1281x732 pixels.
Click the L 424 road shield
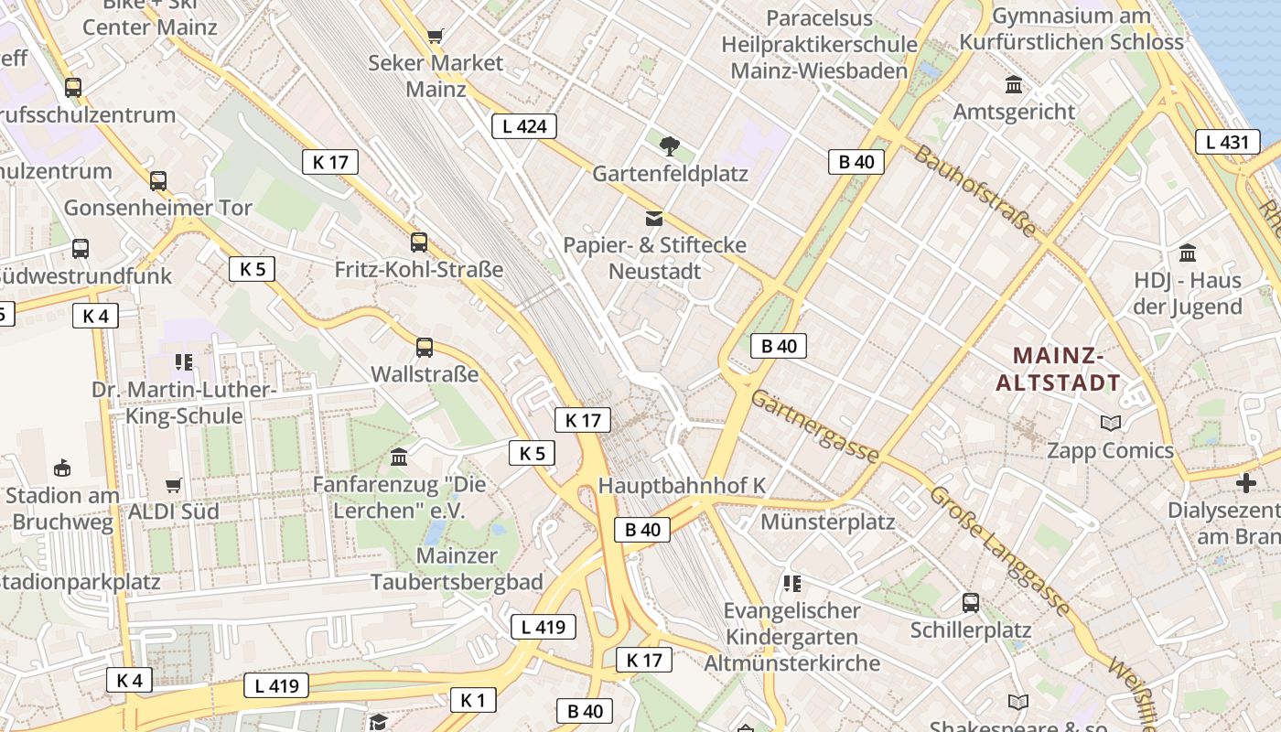(x=524, y=126)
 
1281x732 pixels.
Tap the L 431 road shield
(x=1227, y=142)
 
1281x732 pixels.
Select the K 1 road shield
(x=472, y=701)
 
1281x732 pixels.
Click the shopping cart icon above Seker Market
(x=436, y=37)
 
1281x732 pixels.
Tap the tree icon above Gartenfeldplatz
(x=670, y=145)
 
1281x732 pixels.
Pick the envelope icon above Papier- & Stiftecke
(x=654, y=219)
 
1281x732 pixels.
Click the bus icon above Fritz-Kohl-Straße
(x=419, y=242)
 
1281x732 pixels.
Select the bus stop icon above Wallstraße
(x=425, y=348)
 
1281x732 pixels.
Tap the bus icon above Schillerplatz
(x=971, y=603)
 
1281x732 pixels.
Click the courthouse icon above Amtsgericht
(x=1014, y=85)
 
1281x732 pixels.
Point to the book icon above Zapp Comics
(x=1111, y=423)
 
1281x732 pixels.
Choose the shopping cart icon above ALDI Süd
(x=174, y=485)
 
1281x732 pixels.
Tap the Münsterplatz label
(x=828, y=522)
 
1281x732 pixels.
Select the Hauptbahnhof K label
(x=681, y=486)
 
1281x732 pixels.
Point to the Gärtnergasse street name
(x=815, y=426)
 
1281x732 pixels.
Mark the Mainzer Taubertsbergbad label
(x=457, y=568)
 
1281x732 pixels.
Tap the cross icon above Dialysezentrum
(x=1245, y=483)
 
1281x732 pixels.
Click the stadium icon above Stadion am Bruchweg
(x=62, y=468)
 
